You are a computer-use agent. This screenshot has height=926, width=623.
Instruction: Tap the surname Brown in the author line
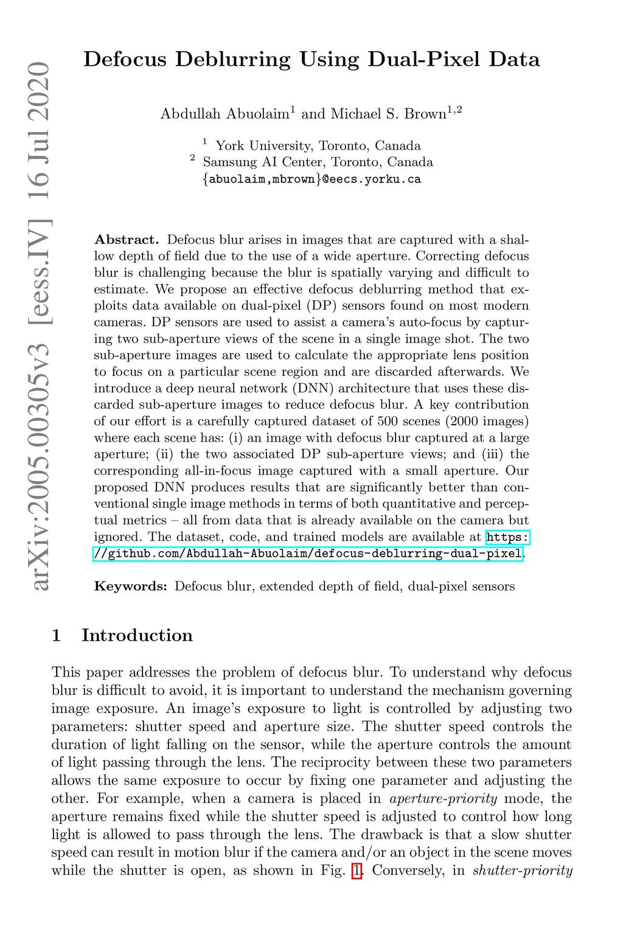coord(425,114)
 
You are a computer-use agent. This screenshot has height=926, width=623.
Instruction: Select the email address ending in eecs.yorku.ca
coord(311,179)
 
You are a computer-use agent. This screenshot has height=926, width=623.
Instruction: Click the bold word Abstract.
coord(126,240)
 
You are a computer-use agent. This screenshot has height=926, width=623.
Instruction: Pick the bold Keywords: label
coord(130,587)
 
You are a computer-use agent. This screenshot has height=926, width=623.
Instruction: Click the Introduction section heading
coord(137,635)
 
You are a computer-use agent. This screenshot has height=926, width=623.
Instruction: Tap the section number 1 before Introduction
coord(57,635)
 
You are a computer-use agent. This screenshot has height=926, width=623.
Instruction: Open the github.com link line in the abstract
coord(308,554)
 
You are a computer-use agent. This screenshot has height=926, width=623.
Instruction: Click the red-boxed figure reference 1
coord(357,871)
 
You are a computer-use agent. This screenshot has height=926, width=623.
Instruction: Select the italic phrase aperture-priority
coord(444,798)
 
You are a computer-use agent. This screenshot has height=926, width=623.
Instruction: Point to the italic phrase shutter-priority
coord(522,871)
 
